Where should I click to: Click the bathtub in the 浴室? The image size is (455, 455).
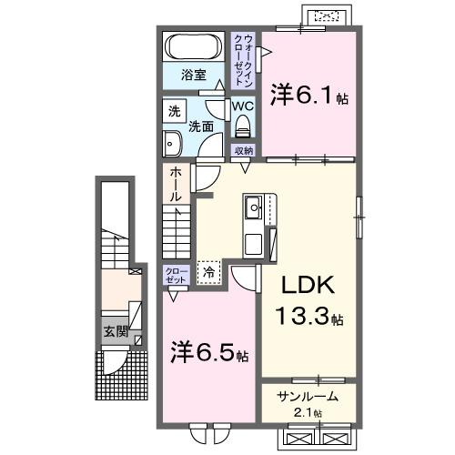coord(192,47)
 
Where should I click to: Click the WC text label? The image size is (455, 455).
coord(241,106)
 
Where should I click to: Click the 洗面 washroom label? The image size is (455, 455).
coord(201,127)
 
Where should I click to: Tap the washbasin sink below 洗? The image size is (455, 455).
coord(172,141)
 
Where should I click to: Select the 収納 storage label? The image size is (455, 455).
coord(243,151)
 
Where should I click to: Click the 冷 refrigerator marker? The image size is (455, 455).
coord(209,271)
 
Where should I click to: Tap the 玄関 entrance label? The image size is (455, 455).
coord(114,331)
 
